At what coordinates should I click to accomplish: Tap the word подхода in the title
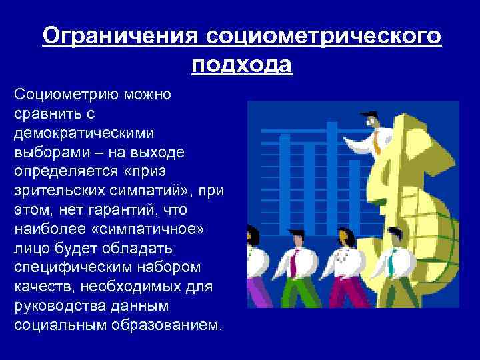coord(241,65)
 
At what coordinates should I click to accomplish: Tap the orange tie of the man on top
coord(377,142)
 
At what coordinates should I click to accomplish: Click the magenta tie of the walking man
coord(293,264)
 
